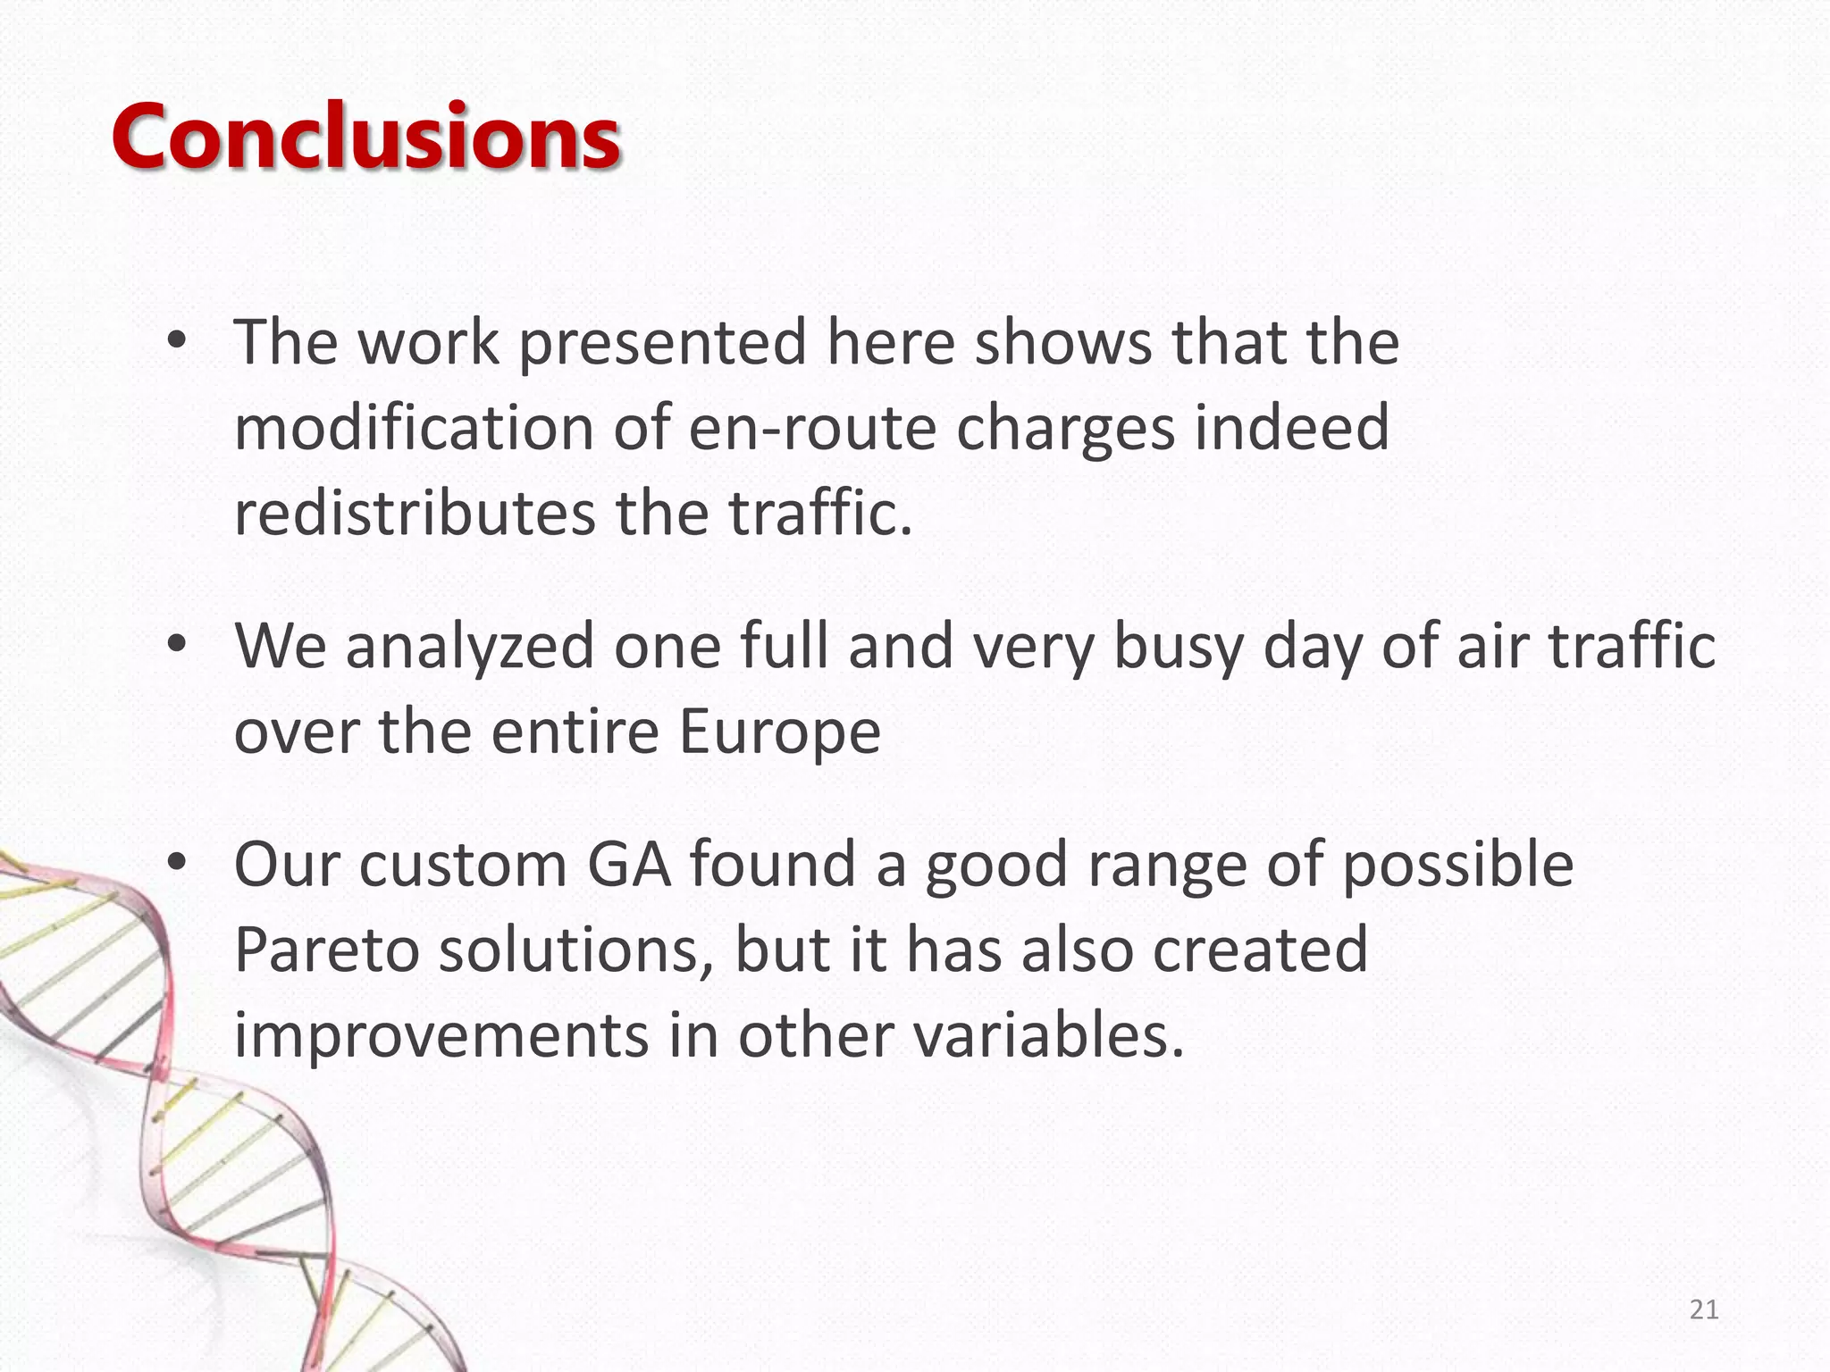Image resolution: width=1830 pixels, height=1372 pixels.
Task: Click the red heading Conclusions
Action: click(365, 136)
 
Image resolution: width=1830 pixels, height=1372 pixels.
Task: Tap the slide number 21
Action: click(1704, 1309)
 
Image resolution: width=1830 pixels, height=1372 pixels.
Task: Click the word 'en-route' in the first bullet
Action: click(812, 428)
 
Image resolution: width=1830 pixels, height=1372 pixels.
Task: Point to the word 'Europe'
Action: click(779, 732)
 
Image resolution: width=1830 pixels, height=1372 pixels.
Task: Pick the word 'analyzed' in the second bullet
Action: click(470, 646)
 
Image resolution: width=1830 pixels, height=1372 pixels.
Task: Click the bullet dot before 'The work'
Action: click(176, 342)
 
